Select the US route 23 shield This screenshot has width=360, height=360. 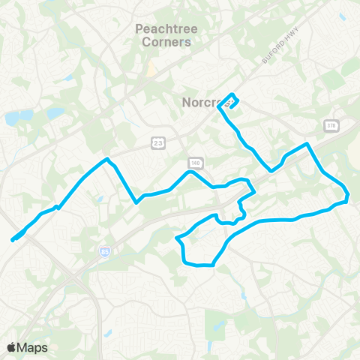157,142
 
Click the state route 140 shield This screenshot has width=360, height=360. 195,162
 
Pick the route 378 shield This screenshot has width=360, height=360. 331,125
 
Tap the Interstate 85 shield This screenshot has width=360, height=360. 104,253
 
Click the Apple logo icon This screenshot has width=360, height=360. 12,347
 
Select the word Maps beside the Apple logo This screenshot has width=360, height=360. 33,347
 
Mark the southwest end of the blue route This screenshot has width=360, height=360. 13,240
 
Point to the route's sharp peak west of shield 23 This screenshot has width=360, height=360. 108,159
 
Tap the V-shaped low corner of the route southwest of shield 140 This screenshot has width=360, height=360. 136,202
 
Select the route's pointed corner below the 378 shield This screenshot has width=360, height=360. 307,143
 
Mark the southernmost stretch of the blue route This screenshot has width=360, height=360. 199,265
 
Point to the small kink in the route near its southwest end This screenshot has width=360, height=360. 56,206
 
